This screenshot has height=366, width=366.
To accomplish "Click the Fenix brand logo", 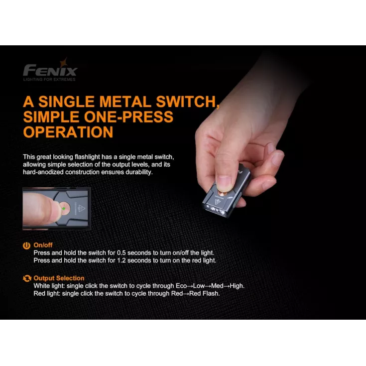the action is point(50,70).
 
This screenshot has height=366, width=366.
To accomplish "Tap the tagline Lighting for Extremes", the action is point(49,79).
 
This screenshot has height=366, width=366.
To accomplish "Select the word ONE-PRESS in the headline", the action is point(128,117).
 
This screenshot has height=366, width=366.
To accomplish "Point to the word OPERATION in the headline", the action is point(68,132).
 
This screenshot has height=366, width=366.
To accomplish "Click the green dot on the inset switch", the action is point(64,209).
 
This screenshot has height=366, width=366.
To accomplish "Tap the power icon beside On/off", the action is point(26,245).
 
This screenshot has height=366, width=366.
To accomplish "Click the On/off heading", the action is point(43,245).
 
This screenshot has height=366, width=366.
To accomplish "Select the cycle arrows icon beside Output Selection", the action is point(27,278).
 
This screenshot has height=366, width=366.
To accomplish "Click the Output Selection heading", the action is point(59,278).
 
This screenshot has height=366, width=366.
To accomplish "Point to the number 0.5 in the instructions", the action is point(122,253).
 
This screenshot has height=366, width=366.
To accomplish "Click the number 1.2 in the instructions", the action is point(122,260).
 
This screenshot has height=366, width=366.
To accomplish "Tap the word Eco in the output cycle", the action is point(181,286).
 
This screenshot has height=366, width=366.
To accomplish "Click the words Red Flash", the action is point(204,293).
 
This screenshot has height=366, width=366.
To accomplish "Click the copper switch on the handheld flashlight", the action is point(224,195).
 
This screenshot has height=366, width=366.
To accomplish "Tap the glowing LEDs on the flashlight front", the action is point(215,210).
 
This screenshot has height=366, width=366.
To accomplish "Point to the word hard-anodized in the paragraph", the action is point(43,172).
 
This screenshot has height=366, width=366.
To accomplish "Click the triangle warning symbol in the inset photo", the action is point(81,208).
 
